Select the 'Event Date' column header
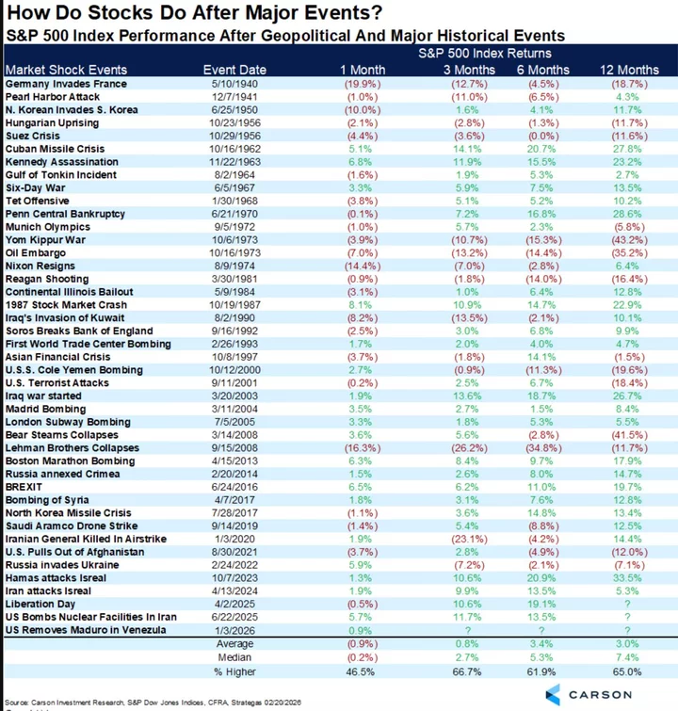(x=234, y=70)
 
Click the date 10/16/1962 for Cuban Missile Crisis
(x=234, y=149)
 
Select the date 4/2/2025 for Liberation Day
(x=234, y=604)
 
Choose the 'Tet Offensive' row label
(x=36, y=201)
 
